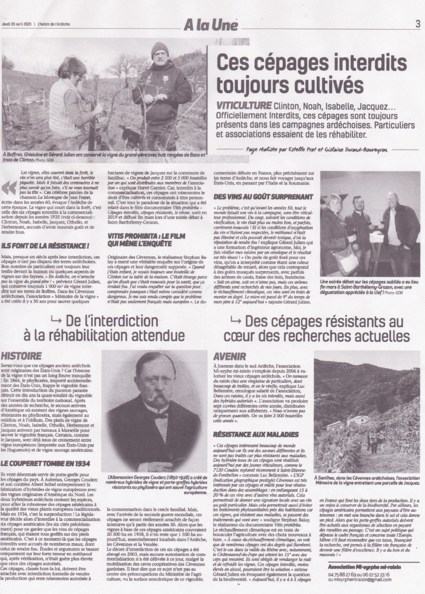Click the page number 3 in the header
pos(417,24)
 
